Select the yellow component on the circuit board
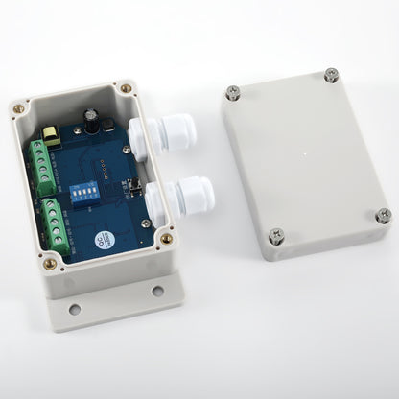[x=55, y=140]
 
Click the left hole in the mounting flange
[x=74, y=309]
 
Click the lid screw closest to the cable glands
[x=232, y=92]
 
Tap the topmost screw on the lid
[x=331, y=75]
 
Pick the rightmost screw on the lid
[x=382, y=215]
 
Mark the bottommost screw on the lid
[x=276, y=235]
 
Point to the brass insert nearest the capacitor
[x=126, y=89]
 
